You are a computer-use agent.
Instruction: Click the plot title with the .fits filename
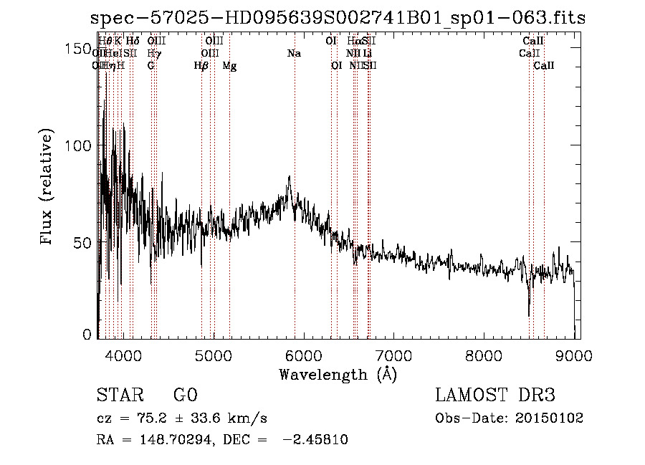(x=338, y=18)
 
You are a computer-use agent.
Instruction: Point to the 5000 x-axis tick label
(x=214, y=354)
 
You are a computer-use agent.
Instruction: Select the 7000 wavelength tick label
(x=394, y=354)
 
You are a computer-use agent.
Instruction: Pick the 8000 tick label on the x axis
(x=484, y=354)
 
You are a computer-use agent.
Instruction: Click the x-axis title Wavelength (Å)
(x=338, y=374)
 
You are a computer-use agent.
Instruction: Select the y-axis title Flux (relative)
(x=47, y=188)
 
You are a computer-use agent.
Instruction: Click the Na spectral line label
(x=294, y=54)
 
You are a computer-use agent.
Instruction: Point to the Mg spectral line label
(x=229, y=66)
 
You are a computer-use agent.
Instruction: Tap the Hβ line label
(x=201, y=66)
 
